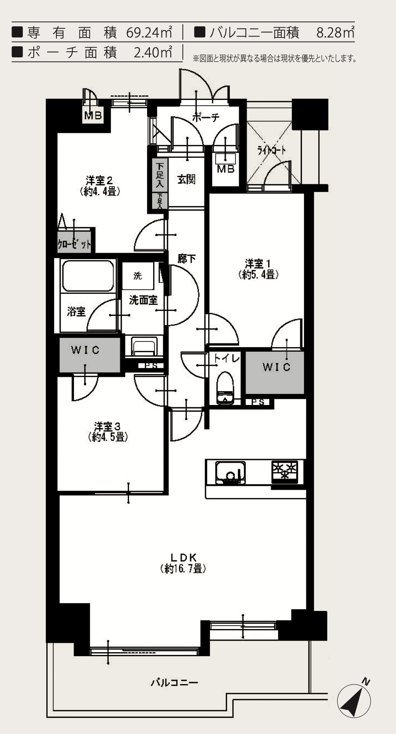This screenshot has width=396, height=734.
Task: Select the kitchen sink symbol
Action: (x=230, y=473)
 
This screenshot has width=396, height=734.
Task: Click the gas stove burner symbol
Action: (x=285, y=471)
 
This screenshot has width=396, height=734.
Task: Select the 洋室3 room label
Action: (x=107, y=430)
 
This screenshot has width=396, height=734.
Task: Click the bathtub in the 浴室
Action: (x=88, y=276)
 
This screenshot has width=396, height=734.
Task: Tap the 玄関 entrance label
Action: (x=186, y=180)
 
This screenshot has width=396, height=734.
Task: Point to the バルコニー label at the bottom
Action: (x=174, y=683)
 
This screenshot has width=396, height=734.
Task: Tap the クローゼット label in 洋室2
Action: (x=74, y=244)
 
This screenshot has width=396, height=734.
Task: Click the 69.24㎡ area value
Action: (x=149, y=32)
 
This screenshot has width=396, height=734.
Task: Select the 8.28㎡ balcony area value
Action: (x=335, y=32)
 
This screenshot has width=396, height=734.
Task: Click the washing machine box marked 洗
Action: (x=137, y=276)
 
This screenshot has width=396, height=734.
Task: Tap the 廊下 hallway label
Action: (x=186, y=259)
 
